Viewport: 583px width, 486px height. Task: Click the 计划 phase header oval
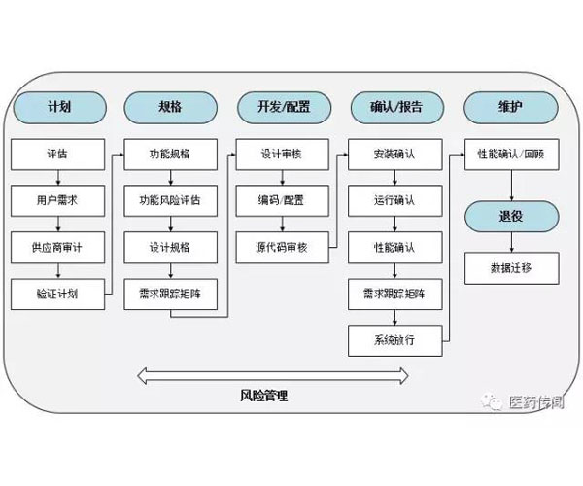point(60,108)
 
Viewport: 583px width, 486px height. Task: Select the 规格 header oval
point(171,108)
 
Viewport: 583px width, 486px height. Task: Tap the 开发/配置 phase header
point(284,108)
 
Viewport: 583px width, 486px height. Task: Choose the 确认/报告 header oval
point(397,108)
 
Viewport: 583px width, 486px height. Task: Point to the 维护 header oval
point(511,108)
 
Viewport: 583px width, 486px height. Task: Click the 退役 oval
point(512,216)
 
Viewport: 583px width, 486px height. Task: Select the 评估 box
point(58,155)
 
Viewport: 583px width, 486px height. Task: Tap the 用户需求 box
point(58,201)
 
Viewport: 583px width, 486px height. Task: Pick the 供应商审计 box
point(58,247)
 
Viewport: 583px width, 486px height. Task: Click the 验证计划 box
point(58,295)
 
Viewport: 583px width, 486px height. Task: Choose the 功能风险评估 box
point(171,201)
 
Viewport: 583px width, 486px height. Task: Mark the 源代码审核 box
point(283,247)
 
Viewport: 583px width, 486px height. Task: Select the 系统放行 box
point(395,340)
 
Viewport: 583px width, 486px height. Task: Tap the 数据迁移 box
point(512,268)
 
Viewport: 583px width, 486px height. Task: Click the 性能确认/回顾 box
point(512,155)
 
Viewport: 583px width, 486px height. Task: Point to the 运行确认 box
point(395,201)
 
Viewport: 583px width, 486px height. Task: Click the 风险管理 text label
point(263,396)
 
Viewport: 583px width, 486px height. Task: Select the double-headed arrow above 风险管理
point(273,376)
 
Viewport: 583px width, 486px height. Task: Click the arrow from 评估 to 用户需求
point(58,178)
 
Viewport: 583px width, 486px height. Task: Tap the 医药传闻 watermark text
point(536,402)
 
